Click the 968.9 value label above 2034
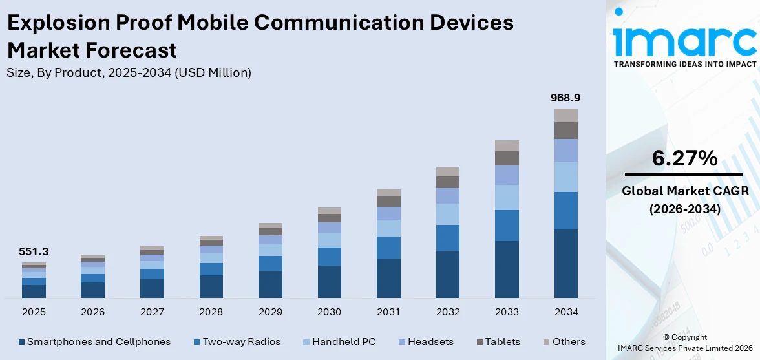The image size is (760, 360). (x=565, y=98)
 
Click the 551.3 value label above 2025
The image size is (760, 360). (x=34, y=252)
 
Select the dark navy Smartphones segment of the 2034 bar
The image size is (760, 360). (x=565, y=263)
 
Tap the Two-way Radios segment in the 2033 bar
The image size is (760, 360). (x=507, y=225)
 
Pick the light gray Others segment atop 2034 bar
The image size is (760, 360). (x=565, y=115)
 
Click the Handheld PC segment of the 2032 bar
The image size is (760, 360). (x=448, y=214)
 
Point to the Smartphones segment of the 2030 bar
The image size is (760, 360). (x=329, y=281)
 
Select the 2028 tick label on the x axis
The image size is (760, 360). (x=211, y=312)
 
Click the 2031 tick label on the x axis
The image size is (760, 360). (x=388, y=312)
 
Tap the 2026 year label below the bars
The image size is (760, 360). (x=92, y=312)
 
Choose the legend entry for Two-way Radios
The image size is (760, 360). (x=237, y=342)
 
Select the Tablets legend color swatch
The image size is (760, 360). (x=480, y=342)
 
